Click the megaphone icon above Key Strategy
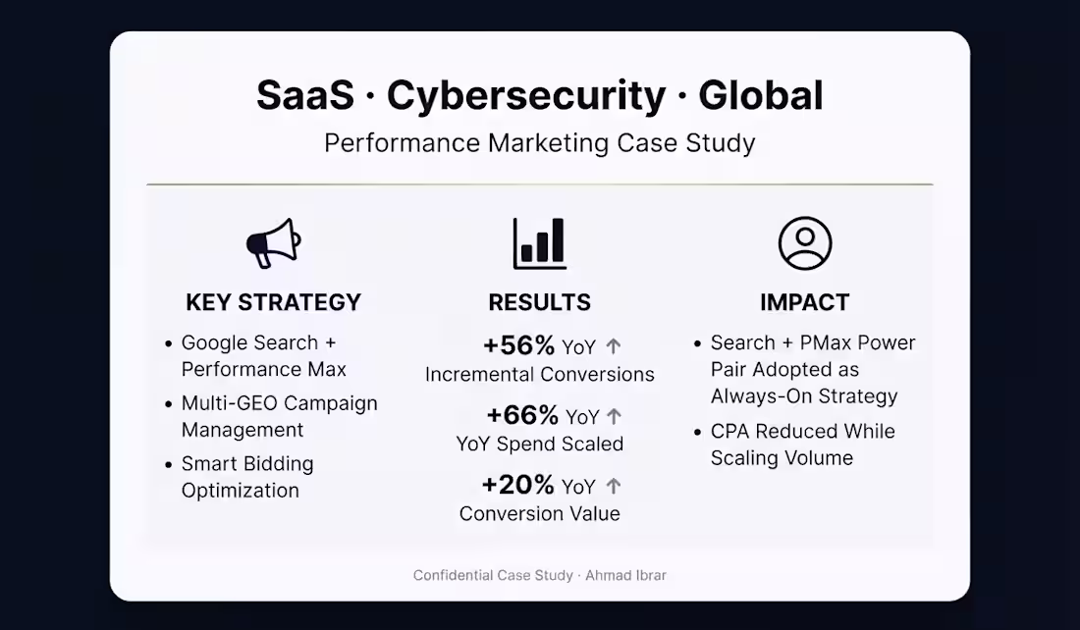(x=274, y=243)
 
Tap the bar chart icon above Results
(x=540, y=243)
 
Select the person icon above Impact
(x=805, y=243)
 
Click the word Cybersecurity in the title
(x=526, y=95)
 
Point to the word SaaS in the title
(x=305, y=95)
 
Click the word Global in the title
(x=760, y=95)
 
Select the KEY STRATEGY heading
(x=274, y=302)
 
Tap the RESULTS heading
(x=540, y=302)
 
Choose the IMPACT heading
(x=804, y=302)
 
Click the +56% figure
(x=518, y=345)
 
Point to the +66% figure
(x=522, y=415)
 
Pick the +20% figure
(x=518, y=485)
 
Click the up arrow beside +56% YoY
(x=613, y=346)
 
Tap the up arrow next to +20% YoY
(x=613, y=486)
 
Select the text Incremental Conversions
(x=540, y=375)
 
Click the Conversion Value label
(x=540, y=513)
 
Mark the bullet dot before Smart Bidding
(x=169, y=465)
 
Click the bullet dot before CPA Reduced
(x=698, y=433)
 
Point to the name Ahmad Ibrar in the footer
(x=626, y=576)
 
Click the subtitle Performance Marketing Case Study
(x=540, y=143)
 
